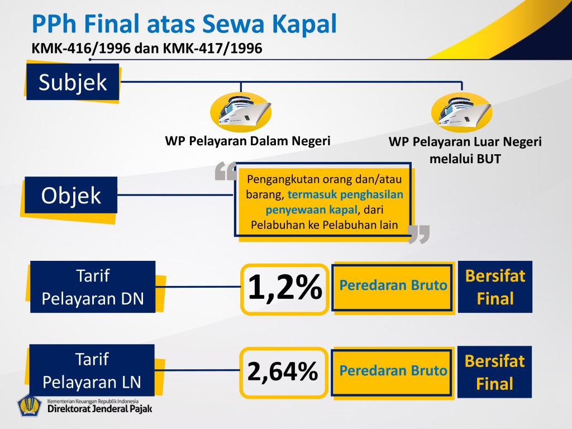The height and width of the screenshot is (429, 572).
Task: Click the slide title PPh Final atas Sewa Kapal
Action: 184,23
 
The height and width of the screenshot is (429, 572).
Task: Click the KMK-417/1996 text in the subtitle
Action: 212,48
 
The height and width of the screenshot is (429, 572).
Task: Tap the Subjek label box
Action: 73,82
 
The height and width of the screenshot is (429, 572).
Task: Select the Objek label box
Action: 71,195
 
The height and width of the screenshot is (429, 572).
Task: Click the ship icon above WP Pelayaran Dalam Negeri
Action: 241,111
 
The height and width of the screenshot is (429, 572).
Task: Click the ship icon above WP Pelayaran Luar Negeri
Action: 462,112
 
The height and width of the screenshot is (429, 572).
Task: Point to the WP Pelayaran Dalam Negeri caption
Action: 247,141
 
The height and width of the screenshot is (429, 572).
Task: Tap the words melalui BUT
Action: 465,159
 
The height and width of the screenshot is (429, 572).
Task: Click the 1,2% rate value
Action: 284,288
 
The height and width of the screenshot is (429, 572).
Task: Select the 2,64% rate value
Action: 283,371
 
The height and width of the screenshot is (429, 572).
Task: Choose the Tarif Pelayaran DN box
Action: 93,287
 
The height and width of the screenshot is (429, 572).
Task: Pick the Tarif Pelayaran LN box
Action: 92,370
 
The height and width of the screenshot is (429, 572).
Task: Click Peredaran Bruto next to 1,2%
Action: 393,285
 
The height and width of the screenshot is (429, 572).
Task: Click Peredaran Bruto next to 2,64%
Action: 393,371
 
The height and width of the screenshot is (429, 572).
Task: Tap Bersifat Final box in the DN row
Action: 495,287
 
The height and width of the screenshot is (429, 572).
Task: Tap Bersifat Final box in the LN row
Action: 494,371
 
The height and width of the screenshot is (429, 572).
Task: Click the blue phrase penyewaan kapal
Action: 311,210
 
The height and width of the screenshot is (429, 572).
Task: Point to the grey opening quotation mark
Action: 226,171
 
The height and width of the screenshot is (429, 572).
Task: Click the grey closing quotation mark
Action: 419,234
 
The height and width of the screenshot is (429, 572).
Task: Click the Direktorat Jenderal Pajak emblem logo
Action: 30,405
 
